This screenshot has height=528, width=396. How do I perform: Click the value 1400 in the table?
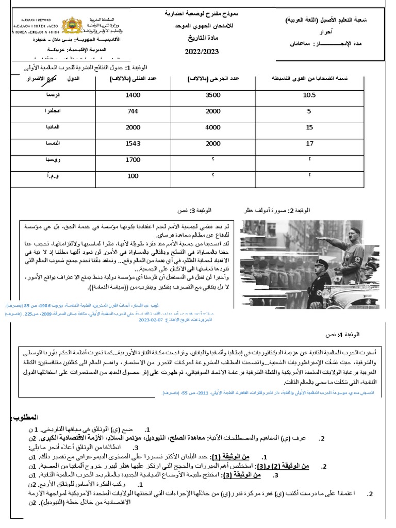pyautogui.click(x=133, y=95)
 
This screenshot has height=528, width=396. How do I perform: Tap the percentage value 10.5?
pyautogui.click(x=309, y=95)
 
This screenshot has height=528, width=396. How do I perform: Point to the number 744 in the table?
pyautogui.click(x=133, y=111)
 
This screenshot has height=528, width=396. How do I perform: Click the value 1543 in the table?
pyautogui.click(x=133, y=144)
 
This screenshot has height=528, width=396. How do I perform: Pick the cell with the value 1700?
pyautogui.click(x=133, y=160)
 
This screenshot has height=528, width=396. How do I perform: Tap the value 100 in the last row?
pyautogui.click(x=133, y=176)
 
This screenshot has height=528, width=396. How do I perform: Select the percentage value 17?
pyautogui.click(x=309, y=144)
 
